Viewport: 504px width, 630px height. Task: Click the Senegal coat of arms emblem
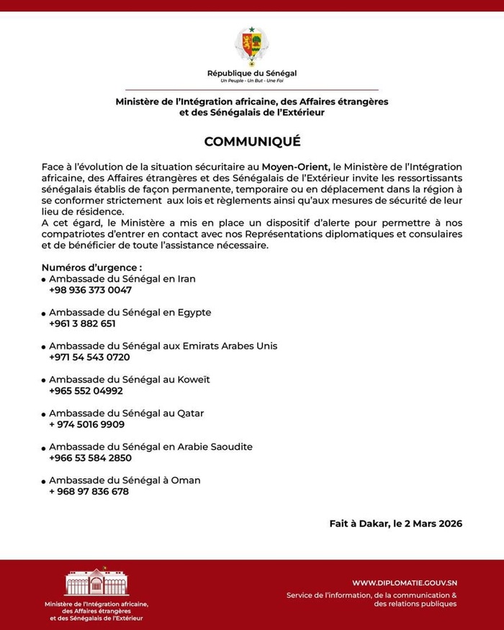point(251,45)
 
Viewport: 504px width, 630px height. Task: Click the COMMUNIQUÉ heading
point(251,142)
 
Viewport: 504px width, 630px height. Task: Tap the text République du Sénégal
point(251,73)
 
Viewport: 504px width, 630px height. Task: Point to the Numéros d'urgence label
point(86,268)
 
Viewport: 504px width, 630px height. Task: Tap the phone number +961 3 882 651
point(82,323)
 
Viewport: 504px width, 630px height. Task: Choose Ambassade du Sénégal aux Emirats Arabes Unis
point(163,346)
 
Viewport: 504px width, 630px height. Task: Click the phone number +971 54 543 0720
point(89,357)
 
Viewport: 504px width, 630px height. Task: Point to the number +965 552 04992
point(86,390)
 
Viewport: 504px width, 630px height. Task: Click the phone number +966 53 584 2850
point(90,457)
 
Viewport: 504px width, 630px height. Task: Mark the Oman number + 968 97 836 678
point(89,491)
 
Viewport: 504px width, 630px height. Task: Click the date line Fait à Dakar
point(391,523)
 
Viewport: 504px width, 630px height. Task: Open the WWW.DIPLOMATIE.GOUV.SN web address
point(405,582)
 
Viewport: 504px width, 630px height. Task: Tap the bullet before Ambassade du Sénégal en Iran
point(44,280)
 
